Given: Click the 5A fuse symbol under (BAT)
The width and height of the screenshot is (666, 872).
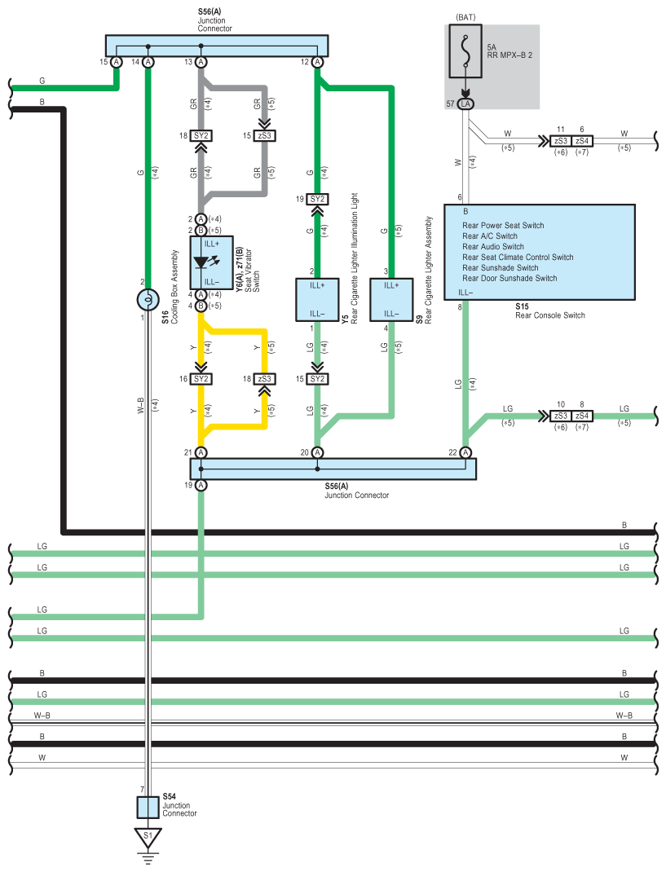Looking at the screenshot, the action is click(x=465, y=51).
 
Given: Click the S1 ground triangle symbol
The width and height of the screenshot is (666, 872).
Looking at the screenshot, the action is click(x=148, y=838).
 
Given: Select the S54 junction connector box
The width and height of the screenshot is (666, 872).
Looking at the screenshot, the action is click(x=148, y=807).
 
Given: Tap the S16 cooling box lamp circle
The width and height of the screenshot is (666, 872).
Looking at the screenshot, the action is click(x=148, y=300).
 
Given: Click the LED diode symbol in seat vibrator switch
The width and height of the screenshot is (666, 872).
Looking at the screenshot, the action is click(x=201, y=262).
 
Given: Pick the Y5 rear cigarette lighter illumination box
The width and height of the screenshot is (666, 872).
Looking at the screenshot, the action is click(x=317, y=300).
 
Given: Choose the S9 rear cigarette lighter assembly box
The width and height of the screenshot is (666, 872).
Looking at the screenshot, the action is click(x=391, y=300).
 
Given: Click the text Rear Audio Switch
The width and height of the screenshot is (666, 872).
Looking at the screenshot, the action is click(x=493, y=246).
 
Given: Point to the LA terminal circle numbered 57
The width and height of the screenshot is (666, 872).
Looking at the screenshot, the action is click(x=465, y=104).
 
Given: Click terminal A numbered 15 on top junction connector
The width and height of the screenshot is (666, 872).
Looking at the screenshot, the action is click(x=117, y=62).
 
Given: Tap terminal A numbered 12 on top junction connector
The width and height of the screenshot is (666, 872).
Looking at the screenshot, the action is click(x=317, y=62).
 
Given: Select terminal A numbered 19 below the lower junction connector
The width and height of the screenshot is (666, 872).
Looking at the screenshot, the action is click(x=201, y=486).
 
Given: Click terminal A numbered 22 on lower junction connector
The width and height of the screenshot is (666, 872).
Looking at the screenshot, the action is click(x=465, y=452).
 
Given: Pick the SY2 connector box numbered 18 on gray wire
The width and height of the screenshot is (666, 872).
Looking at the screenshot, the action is click(x=201, y=136).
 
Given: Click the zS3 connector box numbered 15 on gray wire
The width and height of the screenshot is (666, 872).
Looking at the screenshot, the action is click(x=264, y=136).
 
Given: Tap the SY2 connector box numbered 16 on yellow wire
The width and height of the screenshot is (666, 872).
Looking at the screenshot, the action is click(x=201, y=379).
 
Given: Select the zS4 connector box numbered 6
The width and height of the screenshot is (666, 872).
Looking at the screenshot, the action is click(x=582, y=141).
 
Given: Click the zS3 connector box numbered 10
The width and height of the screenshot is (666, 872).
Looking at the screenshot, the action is click(x=561, y=416).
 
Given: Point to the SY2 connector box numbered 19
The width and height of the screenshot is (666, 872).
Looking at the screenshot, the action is click(x=317, y=199).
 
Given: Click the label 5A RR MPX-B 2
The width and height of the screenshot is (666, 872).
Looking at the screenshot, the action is click(x=509, y=51).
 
